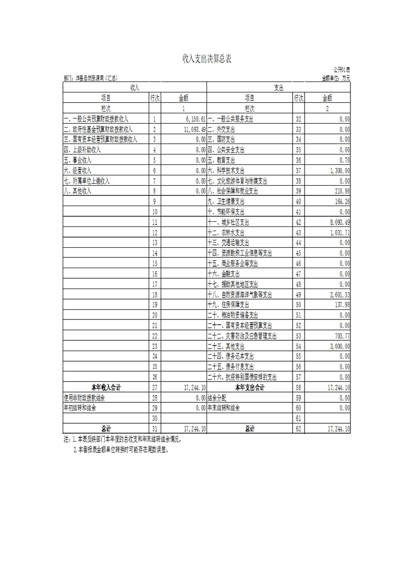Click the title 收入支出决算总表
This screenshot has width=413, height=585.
pos(207,58)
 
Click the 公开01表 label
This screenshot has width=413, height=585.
pos(342,69)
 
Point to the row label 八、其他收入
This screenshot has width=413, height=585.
pos(78,191)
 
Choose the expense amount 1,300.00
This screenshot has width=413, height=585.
pos(339,171)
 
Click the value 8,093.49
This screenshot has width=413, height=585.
pos(339,222)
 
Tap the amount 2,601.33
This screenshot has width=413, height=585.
pos(339,295)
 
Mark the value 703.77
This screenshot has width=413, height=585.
pos(342,336)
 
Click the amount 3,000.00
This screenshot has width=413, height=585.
pos(339,347)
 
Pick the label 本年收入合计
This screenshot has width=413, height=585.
pos(106,388)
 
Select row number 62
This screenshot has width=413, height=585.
pos(298,429)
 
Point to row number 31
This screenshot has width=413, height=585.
pos(154,429)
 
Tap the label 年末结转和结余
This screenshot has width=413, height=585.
pos(227,408)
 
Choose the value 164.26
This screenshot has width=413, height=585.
pos(342,201)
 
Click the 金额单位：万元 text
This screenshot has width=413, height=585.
pos(336,78)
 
